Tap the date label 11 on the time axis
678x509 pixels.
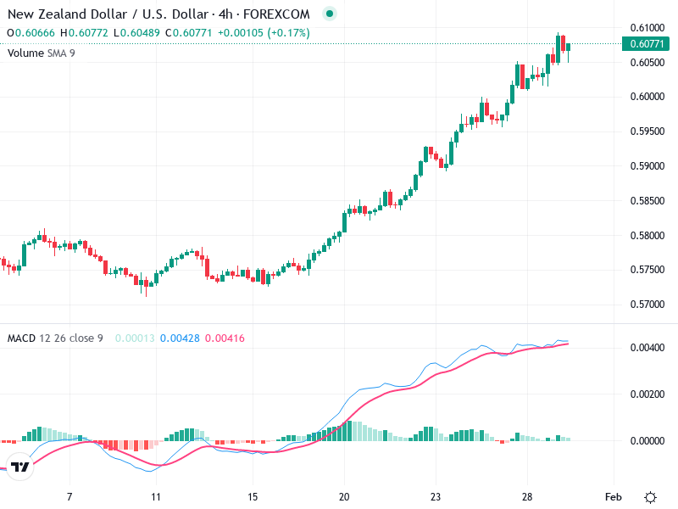click(155, 496)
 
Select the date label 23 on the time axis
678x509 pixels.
click(436, 496)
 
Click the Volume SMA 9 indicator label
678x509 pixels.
click(42, 53)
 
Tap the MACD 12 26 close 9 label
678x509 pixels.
click(55, 338)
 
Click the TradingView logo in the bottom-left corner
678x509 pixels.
click(21, 467)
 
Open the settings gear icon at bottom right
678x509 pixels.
click(650, 496)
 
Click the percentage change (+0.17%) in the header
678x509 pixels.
click(288, 33)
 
